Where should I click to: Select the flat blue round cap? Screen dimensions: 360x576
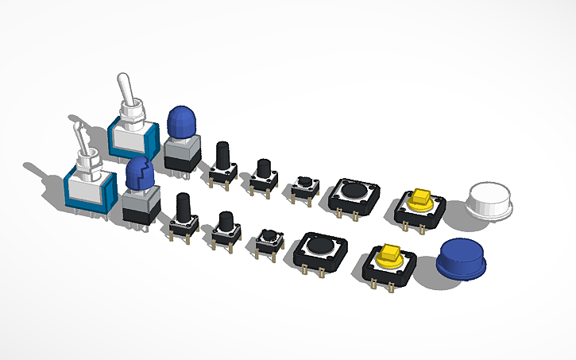(464, 257)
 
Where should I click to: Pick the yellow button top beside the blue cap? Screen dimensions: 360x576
(389, 254)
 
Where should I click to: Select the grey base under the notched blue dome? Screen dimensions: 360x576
(138, 207)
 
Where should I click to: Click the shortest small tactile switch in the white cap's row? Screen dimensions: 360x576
(303, 185)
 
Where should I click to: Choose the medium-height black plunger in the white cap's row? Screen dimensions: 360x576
(263, 168)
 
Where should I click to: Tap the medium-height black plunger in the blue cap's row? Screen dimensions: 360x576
(225, 223)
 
